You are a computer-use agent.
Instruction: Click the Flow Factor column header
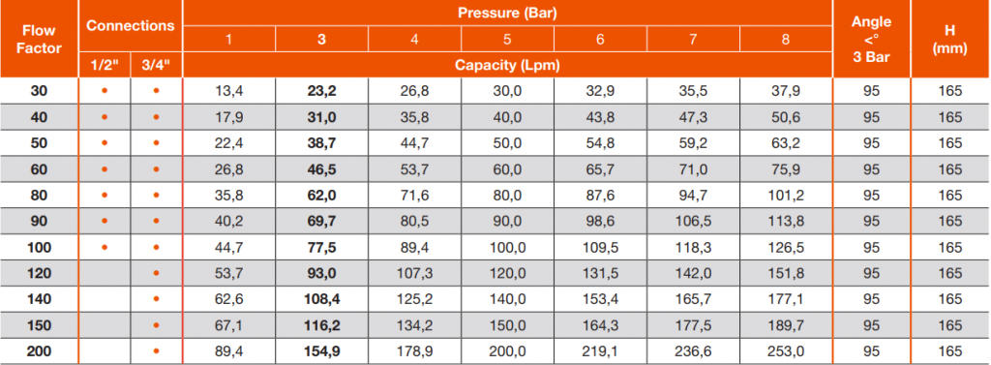coord(39,40)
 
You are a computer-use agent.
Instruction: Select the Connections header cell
coord(131,26)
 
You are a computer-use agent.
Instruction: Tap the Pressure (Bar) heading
coord(507,13)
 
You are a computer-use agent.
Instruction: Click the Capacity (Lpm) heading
coord(507,65)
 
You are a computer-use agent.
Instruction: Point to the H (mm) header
coord(950,40)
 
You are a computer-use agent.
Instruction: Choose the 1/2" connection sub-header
coord(105,65)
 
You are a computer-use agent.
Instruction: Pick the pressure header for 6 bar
coord(600,40)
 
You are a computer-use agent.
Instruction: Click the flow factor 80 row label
coord(39,195)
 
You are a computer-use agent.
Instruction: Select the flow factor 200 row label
coord(39,351)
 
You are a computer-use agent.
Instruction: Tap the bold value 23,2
coord(321,91)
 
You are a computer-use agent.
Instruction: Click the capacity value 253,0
coord(786,351)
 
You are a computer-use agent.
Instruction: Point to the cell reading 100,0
coord(507,247)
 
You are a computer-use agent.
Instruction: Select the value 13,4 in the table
coord(228,91)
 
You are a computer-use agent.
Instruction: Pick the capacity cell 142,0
coord(693,273)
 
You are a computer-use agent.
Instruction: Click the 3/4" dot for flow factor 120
coord(156,273)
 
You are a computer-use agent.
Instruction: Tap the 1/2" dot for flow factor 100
coord(105,247)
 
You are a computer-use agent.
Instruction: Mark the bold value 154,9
coord(321,351)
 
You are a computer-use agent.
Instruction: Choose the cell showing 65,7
coord(600,168)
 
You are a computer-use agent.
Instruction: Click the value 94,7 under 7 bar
coord(693,195)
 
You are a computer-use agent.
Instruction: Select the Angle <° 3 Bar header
coord(871,40)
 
